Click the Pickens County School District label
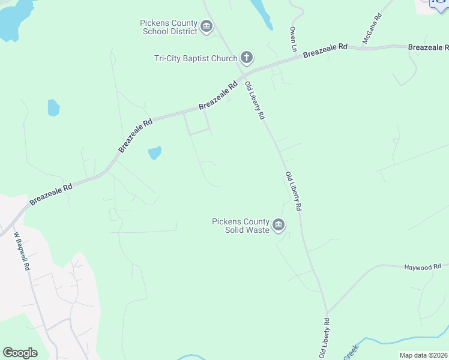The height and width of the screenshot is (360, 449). click(168, 27)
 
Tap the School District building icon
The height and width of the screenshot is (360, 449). click(207, 26)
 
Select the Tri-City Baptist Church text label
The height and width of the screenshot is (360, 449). click(195, 58)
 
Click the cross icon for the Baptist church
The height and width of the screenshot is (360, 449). click(246, 58)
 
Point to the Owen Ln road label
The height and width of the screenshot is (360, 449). click(294, 38)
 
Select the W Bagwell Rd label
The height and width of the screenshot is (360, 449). click(21, 251)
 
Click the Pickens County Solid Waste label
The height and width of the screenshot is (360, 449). click(240, 225)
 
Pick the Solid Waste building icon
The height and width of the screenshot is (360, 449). click(279, 225)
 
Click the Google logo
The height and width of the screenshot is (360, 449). click(20, 353)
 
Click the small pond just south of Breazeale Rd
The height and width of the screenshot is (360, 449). click(155, 152)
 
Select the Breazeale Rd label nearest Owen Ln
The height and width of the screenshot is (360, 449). click(325, 50)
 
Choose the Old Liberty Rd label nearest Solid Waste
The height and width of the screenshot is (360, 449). click(293, 191)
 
